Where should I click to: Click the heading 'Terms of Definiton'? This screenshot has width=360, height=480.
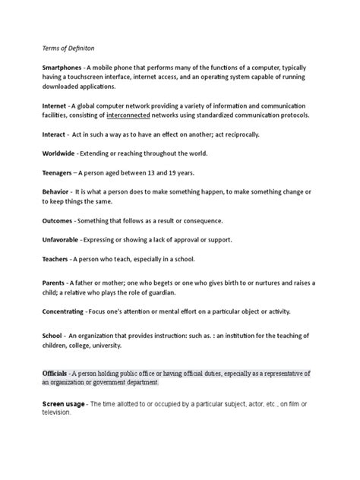pos(67,46)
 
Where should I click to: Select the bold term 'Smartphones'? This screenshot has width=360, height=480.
pos(63,68)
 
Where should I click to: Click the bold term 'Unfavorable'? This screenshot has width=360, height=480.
pos(65,240)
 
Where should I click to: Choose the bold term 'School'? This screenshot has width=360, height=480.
pos(55,336)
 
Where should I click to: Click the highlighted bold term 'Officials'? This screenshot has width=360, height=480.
pos(57,374)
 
